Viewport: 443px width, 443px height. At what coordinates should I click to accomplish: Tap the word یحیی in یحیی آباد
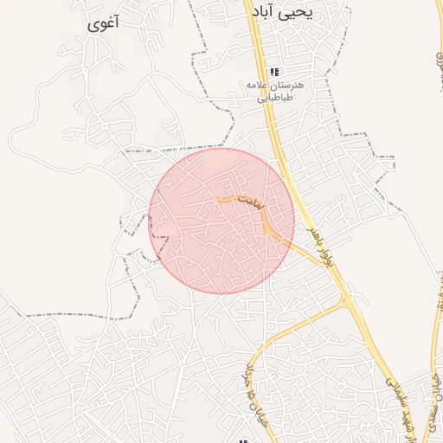(x=327, y=15)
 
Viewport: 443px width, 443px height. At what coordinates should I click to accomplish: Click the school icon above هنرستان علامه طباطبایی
(x=274, y=73)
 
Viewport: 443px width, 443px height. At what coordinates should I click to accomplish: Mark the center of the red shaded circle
(x=221, y=221)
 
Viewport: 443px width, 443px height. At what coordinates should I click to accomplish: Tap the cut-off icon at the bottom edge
(x=243, y=440)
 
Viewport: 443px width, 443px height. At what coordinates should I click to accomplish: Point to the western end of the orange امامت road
(x=216, y=201)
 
